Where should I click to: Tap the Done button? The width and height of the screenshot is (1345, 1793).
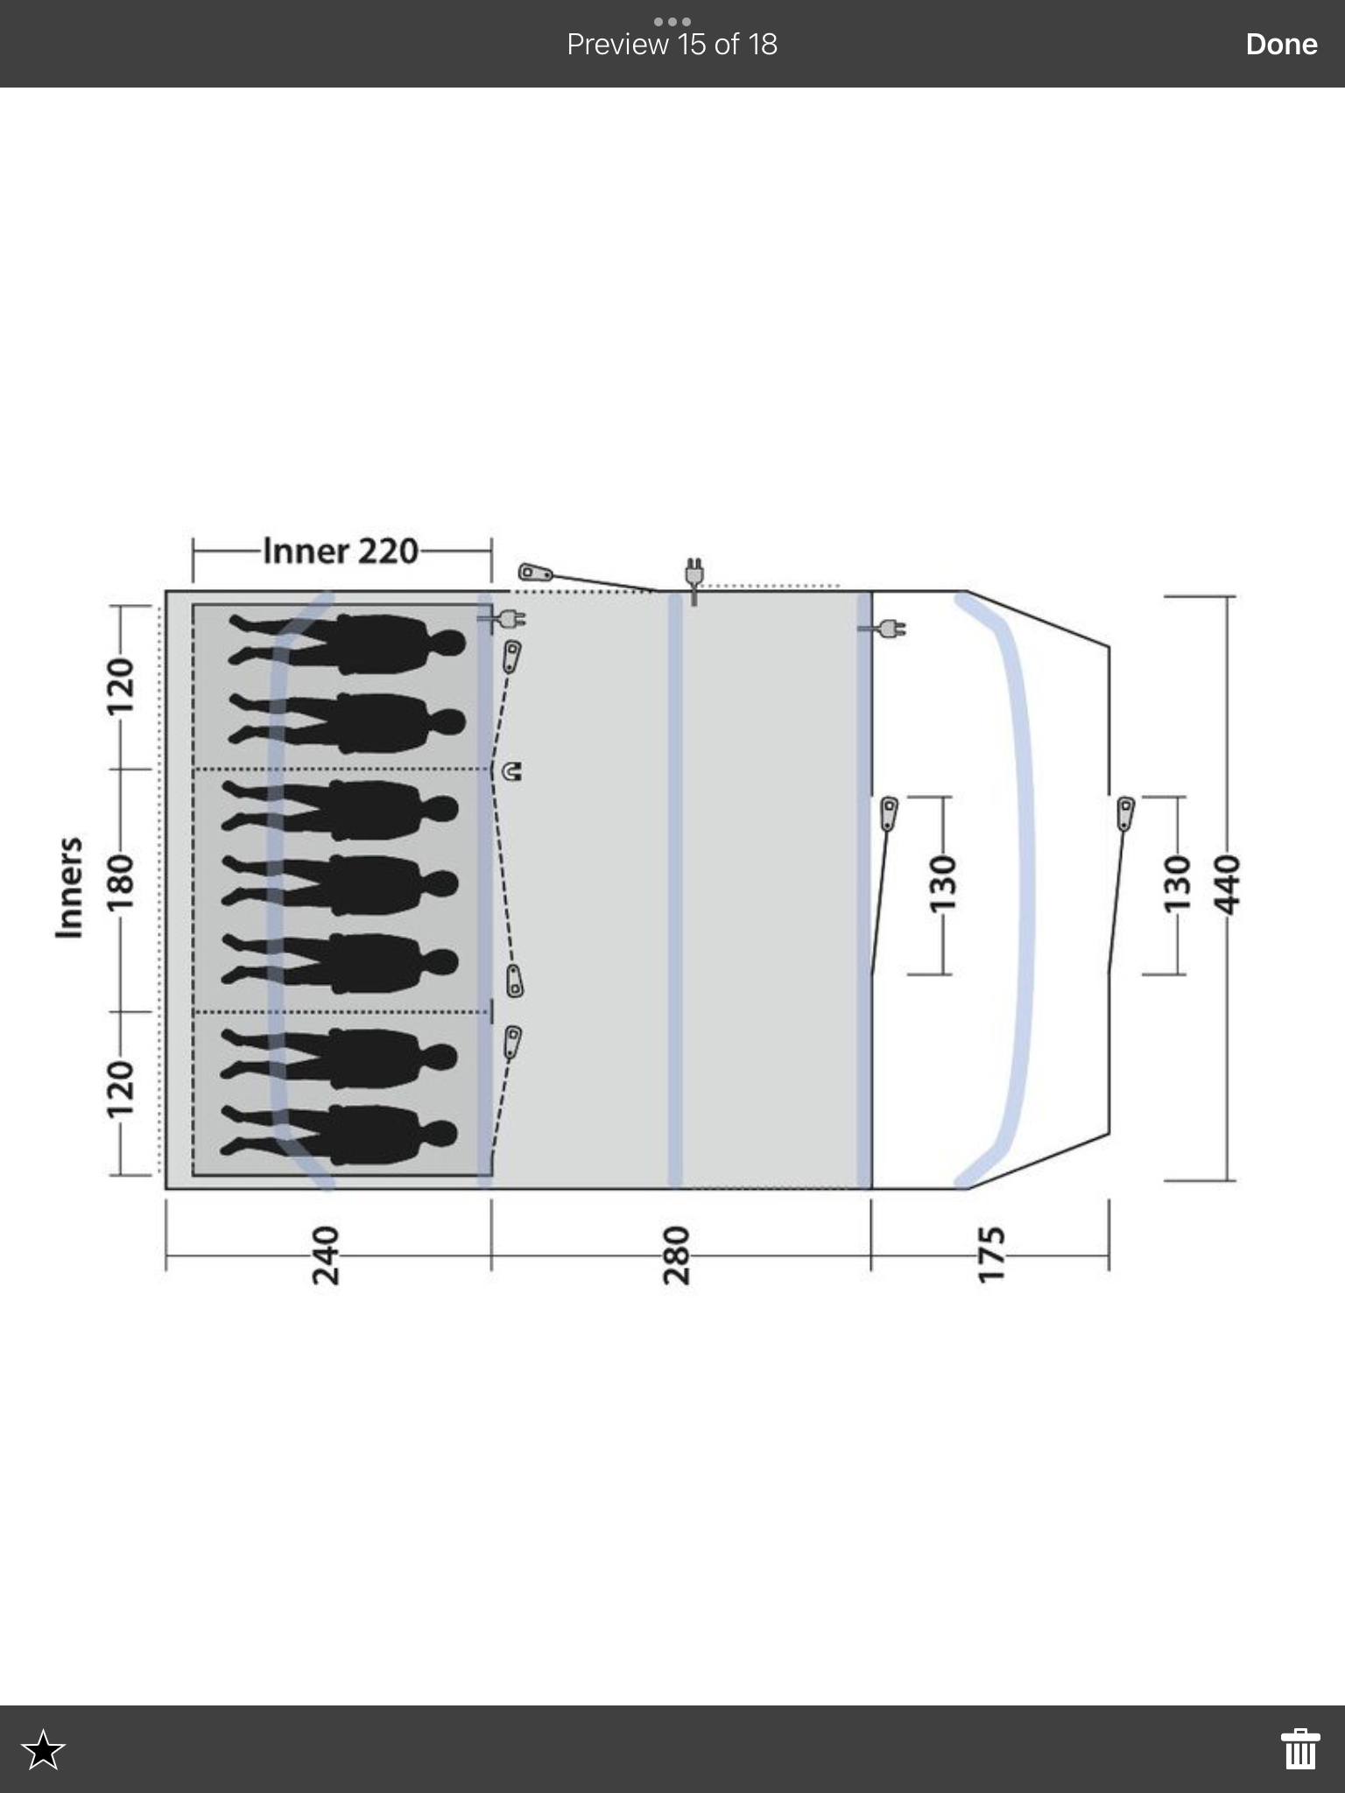point(1281,44)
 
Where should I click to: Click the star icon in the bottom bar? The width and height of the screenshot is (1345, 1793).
point(43,1749)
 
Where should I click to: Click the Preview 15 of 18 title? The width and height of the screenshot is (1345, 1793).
point(672,44)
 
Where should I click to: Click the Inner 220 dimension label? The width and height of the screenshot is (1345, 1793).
point(341,551)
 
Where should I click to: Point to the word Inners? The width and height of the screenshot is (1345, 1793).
point(68,888)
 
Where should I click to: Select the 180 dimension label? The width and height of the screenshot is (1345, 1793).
point(119,886)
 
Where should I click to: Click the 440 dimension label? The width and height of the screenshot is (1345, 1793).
point(1229,884)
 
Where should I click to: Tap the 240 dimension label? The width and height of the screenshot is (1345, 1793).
point(326,1255)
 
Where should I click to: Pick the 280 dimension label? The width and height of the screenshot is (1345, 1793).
point(677,1255)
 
